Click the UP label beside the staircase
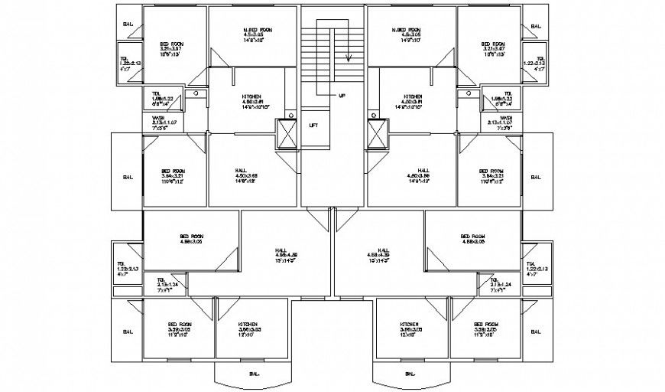tap(342, 95)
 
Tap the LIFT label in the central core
tap(313, 125)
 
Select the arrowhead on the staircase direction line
tap(349, 57)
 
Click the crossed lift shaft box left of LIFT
tap(289, 136)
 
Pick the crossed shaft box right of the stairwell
tap(376, 136)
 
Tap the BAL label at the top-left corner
tap(128, 25)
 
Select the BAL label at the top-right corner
tap(536, 25)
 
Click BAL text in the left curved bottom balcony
tap(252, 374)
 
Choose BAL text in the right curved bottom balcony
tap(410, 374)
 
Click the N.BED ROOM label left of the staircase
tap(252, 29)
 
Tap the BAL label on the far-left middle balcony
tap(128, 177)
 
